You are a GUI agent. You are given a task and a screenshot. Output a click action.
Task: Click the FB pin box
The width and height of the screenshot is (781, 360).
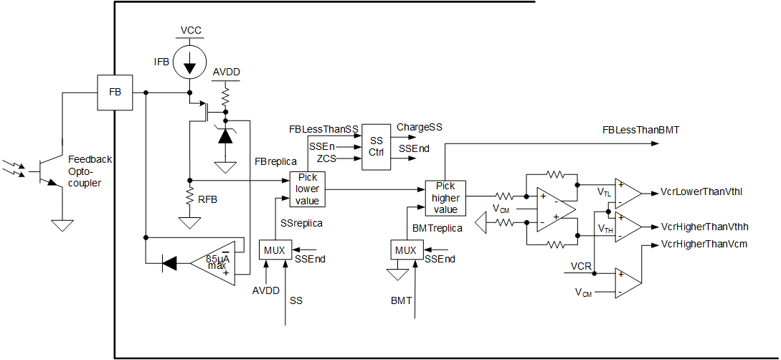coord(115,93)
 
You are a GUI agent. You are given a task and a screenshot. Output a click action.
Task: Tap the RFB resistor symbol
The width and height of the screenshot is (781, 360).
coord(189,194)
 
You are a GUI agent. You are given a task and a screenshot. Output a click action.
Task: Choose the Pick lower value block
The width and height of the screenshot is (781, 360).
coord(307,189)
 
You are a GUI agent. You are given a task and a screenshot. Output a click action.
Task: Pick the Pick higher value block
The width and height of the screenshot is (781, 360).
coord(445,197)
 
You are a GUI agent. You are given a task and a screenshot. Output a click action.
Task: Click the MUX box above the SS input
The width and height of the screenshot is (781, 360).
coord(272,250)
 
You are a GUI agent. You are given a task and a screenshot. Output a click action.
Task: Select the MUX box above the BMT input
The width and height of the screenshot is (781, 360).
coord(405,250)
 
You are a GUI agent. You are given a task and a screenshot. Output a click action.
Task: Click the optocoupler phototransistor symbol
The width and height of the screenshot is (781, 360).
coord(44,171)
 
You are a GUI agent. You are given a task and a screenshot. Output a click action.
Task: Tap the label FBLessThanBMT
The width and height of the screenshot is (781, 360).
coord(640,130)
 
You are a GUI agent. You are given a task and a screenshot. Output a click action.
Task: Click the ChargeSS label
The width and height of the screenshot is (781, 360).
coord(420,127)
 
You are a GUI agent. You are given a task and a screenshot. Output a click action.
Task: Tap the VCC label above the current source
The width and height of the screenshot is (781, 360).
coord(191,31)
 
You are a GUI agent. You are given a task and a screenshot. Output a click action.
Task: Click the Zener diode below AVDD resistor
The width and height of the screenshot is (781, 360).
coord(226,136)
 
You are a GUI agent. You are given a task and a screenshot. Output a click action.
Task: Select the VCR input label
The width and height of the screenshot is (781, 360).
coord(581,267)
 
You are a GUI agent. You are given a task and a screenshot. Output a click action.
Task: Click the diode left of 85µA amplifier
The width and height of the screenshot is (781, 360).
coord(169,263)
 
